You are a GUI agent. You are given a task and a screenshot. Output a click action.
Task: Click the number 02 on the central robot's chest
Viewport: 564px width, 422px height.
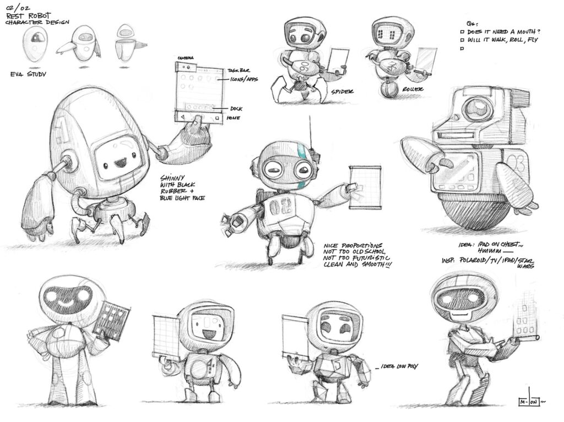pos(278,207)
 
